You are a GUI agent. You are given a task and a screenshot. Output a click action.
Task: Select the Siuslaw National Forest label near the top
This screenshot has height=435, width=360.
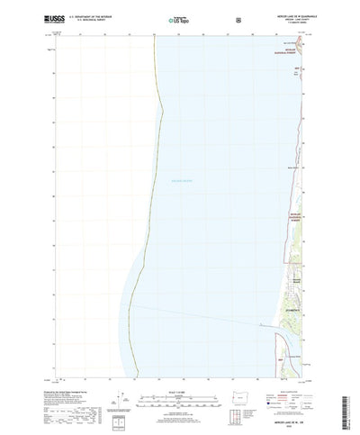coord(290,79)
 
